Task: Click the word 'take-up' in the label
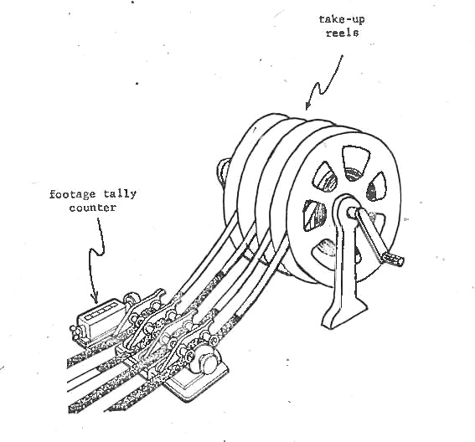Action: pyautogui.click(x=342, y=19)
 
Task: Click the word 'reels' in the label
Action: pyautogui.click(x=343, y=33)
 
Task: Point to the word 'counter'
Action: pyautogui.click(x=93, y=208)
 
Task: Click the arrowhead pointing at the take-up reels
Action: pyautogui.click(x=307, y=105)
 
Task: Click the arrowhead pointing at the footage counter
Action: pyautogui.click(x=96, y=298)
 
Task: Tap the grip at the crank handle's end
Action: pyautogui.click(x=393, y=258)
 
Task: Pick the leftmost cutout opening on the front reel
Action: pyautogui.click(x=314, y=215)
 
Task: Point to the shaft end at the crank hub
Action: pyautogui.click(x=351, y=212)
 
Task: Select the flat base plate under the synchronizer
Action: pyautogui.click(x=197, y=384)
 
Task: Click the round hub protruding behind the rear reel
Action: pyautogui.click(x=224, y=171)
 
